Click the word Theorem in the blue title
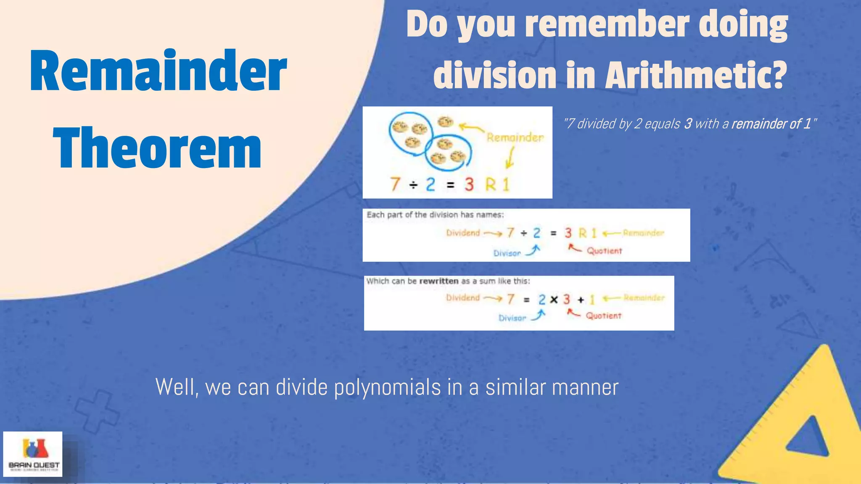[x=157, y=148]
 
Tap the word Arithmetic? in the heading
[x=696, y=76]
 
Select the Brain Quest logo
[x=33, y=454]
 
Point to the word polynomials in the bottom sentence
[x=387, y=387]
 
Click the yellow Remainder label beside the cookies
[x=515, y=137]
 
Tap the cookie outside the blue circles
[x=445, y=122]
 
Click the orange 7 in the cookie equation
[x=395, y=184]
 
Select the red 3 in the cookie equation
[x=469, y=184]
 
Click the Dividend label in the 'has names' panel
[x=463, y=233]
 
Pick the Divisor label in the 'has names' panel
[x=507, y=253]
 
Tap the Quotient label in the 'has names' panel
[x=604, y=251]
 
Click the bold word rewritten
[x=438, y=281]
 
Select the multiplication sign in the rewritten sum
[x=554, y=300]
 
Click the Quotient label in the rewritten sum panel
[x=603, y=316]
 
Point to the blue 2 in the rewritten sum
[x=542, y=300]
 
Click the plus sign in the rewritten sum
[x=581, y=300]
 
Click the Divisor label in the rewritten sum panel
[x=512, y=318]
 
